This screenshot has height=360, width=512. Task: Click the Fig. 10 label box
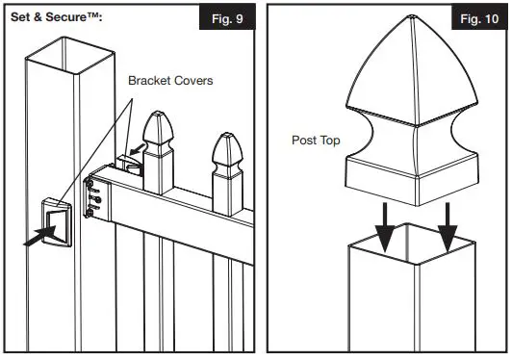click(476, 19)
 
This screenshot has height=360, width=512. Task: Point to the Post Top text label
click(317, 141)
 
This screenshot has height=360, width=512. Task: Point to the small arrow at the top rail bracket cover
click(140, 148)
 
